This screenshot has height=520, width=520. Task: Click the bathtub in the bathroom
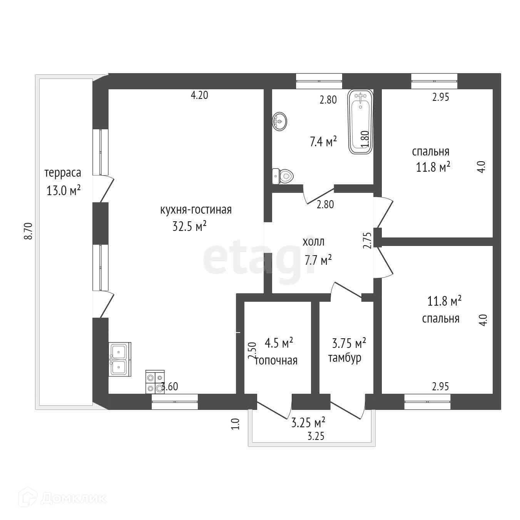(x=360, y=122)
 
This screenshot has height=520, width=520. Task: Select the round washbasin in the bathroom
(x=279, y=121)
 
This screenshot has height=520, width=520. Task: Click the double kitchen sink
(x=120, y=359)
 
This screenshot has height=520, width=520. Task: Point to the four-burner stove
(x=155, y=381)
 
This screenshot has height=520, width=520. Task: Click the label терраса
(x=63, y=172)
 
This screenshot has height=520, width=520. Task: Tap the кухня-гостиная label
(x=196, y=210)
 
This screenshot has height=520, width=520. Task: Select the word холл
(x=314, y=242)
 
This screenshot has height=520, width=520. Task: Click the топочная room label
(x=276, y=361)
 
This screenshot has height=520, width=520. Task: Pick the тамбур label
(x=344, y=358)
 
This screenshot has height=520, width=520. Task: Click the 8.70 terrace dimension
(x=28, y=231)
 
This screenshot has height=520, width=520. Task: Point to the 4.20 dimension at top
(x=199, y=95)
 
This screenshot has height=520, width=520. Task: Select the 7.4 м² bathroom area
(x=323, y=142)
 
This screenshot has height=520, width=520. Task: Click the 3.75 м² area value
(x=349, y=342)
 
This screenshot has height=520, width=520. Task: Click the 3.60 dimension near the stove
(x=170, y=386)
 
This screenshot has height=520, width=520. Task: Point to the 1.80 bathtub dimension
(x=366, y=139)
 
